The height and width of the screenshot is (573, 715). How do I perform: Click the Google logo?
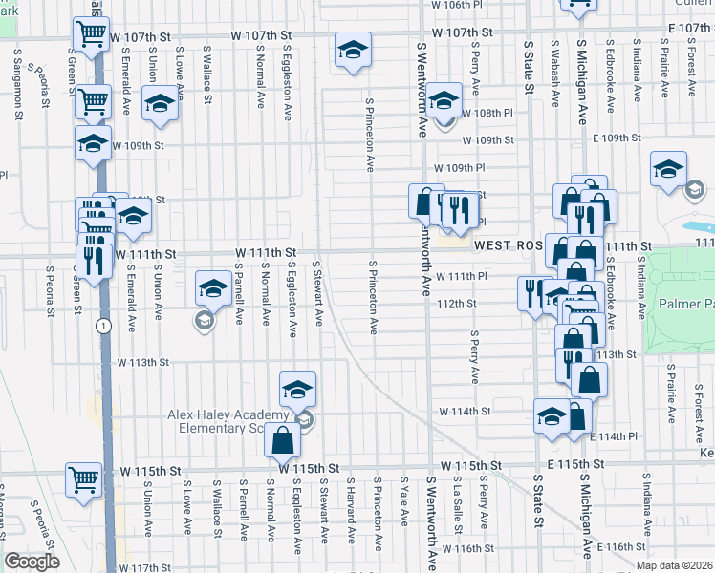[32, 562]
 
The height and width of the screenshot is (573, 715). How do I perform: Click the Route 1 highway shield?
[100, 326]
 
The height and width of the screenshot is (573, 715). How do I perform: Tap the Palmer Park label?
[685, 307]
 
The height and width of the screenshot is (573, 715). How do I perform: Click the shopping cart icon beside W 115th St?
[83, 480]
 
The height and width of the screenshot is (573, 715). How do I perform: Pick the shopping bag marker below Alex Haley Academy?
[283, 441]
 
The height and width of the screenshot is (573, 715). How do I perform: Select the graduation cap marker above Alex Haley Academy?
[297, 389]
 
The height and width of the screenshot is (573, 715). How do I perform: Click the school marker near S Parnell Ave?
[212, 287]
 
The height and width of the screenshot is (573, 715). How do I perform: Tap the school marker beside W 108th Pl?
[444, 101]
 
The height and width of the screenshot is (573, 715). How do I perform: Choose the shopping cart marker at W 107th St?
[91, 35]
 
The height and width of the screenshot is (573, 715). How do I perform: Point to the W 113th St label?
[143, 363]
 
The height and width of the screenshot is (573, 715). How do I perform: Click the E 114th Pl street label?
[616, 436]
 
